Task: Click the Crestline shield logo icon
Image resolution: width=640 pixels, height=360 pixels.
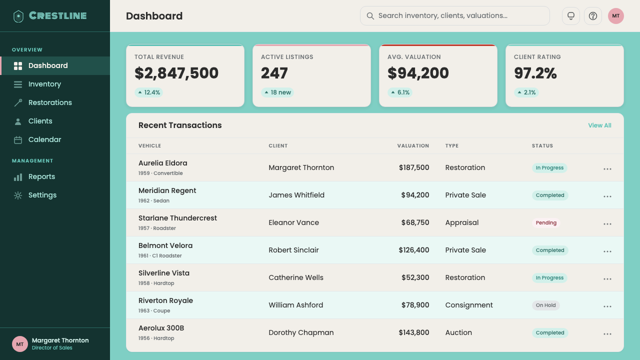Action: point(18,16)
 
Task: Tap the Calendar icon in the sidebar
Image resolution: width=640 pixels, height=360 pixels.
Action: point(18,140)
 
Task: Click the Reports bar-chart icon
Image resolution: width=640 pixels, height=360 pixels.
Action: point(18,177)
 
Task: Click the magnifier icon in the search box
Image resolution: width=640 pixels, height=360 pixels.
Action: point(370,16)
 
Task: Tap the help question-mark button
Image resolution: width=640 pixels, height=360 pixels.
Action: point(593,16)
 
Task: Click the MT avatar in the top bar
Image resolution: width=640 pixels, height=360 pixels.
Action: point(615,16)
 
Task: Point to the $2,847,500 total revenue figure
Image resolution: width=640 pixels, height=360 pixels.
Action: point(176,73)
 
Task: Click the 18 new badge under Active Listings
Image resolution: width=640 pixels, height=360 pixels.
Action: point(277,92)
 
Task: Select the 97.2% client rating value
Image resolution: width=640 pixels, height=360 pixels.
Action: point(535,73)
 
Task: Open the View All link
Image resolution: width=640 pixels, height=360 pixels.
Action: point(599,125)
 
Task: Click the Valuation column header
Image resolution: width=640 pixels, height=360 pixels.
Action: point(413,145)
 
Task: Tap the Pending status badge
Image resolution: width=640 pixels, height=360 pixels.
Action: point(546,223)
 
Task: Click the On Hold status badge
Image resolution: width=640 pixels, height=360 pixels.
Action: point(545,305)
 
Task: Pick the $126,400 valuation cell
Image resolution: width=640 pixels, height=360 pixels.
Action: point(414,250)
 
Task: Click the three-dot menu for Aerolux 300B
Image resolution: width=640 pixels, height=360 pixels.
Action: point(607,334)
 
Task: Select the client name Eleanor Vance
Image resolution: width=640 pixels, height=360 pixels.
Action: point(293,222)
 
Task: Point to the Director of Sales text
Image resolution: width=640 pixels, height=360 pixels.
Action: point(52,347)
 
